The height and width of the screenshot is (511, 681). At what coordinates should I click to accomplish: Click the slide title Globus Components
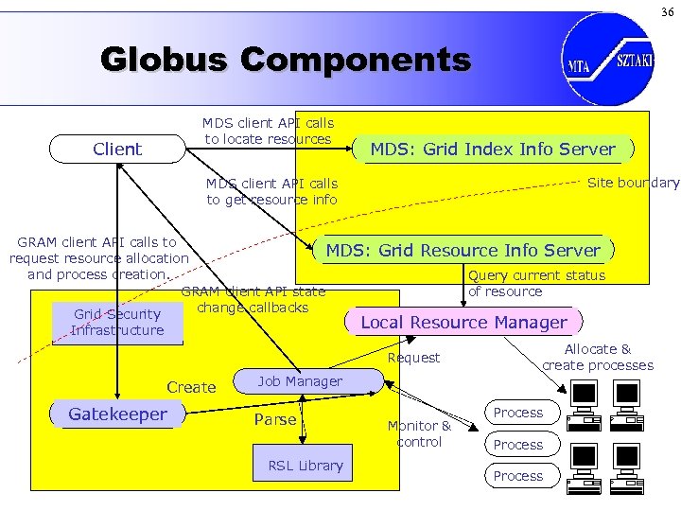[285, 61]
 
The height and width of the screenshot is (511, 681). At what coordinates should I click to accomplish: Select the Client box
[117, 149]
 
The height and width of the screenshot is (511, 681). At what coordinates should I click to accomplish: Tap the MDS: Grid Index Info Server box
[492, 149]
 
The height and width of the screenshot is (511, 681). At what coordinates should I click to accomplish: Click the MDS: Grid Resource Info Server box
[463, 250]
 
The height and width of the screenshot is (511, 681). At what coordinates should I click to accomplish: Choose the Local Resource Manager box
[463, 322]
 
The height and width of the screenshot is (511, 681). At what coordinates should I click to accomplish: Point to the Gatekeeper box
[117, 414]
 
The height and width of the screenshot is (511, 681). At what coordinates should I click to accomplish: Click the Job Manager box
[300, 381]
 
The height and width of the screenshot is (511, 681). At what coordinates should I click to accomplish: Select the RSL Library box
[306, 465]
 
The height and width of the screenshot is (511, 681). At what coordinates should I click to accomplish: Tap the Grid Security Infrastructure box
[117, 322]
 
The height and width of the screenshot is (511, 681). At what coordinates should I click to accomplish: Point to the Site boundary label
[633, 183]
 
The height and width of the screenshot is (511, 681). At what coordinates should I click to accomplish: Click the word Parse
[275, 419]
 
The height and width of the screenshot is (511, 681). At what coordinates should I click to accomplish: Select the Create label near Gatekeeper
[191, 387]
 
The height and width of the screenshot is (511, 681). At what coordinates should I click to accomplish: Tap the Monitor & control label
[419, 433]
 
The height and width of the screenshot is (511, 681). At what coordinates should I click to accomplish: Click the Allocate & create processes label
[598, 358]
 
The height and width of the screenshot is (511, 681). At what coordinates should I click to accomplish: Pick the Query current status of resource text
[536, 283]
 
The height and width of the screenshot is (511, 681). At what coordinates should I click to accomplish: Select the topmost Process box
[518, 413]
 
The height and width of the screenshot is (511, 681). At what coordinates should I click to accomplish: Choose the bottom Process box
[518, 476]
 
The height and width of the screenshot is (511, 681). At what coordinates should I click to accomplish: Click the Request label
[414, 358]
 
